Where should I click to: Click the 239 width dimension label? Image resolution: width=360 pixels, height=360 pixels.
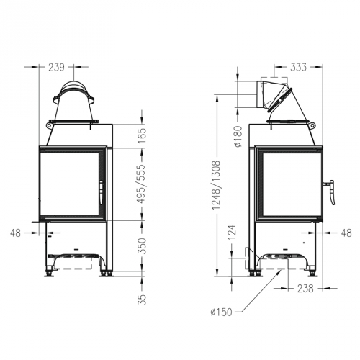55,67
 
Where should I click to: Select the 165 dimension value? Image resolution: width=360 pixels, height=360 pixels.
142,134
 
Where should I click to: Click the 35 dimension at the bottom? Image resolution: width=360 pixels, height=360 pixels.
142,297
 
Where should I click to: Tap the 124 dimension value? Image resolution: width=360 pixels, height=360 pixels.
232,233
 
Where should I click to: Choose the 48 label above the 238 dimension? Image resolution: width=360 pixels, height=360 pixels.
345,233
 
